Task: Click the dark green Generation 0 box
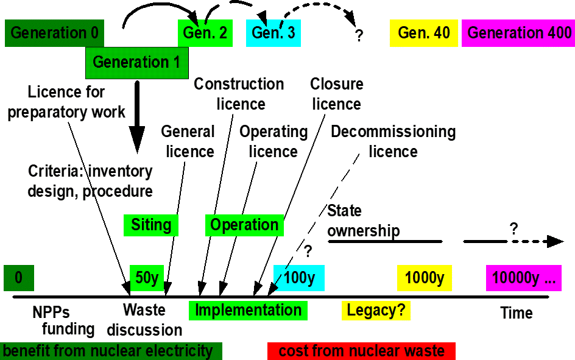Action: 54,33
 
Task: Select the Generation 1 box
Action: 133,62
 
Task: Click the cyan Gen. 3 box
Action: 273,33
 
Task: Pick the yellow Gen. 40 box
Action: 423,33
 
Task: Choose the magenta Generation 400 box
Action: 518,33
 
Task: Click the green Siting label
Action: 150,225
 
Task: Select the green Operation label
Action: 244,225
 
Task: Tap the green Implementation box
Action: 248,310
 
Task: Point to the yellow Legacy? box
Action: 376,310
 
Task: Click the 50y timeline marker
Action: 147,278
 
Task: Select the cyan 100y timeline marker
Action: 299,278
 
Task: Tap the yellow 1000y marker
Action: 424,278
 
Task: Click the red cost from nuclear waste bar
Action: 361,351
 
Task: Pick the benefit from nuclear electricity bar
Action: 111,351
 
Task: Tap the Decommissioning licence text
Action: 393,141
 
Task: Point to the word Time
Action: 516,313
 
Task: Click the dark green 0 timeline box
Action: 18,278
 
